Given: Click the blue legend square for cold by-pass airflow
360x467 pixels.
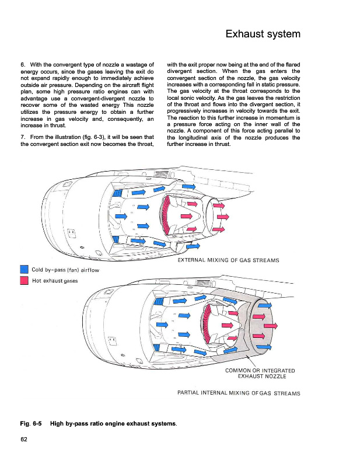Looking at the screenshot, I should (x=25, y=269).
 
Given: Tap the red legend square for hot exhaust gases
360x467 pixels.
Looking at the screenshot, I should (x=25, y=281).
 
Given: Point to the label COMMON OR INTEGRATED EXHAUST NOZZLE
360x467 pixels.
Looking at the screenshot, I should (x=260, y=374).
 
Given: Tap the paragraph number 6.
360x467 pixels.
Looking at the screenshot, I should (x=22, y=64).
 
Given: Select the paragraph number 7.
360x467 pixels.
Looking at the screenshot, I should (x=22, y=137).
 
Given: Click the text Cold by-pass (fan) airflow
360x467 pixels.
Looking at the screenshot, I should (x=65, y=270).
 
